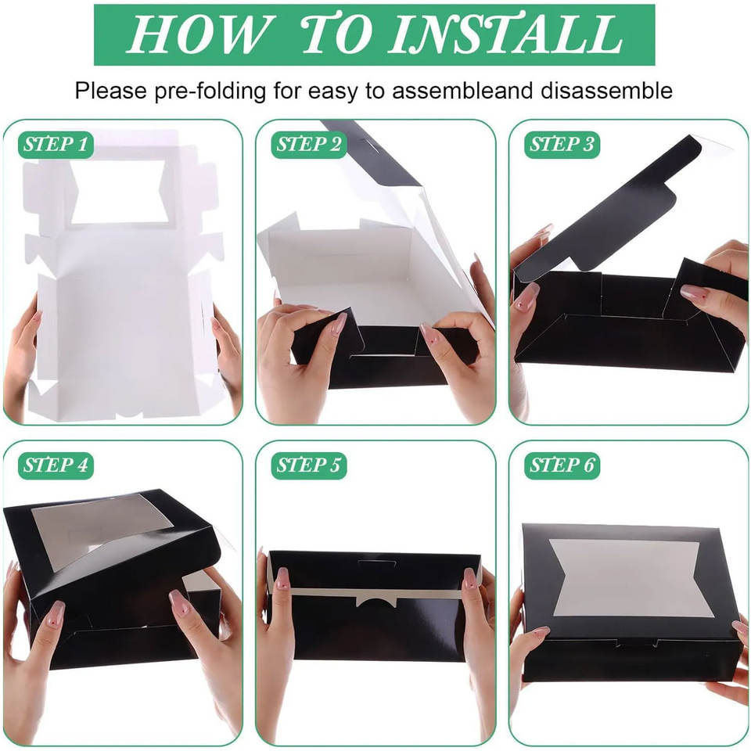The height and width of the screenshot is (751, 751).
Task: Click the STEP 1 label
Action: [56, 145]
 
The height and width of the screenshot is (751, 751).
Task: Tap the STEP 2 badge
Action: [309, 145]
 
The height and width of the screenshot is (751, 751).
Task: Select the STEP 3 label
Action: [562, 145]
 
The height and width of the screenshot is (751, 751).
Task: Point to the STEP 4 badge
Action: [56, 465]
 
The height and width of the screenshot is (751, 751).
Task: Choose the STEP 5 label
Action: [309, 465]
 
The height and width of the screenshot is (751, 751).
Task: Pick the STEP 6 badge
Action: [562, 465]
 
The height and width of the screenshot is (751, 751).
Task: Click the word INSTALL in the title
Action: [507, 34]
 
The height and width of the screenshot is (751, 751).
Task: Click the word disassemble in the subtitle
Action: [606, 91]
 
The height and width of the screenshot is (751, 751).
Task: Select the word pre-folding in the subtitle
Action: [210, 92]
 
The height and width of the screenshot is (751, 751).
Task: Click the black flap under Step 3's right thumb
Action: [704, 287]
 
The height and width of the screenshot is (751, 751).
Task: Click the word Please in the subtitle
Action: [110, 91]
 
